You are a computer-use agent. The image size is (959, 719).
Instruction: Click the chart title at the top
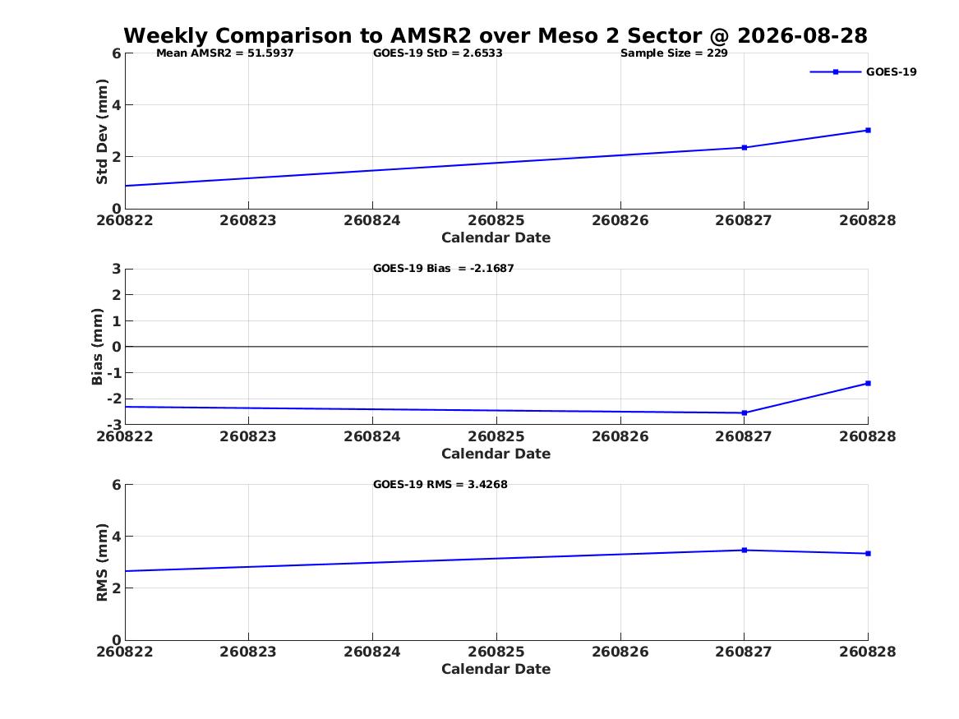(x=496, y=35)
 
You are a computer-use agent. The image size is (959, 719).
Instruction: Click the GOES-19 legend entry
(x=863, y=72)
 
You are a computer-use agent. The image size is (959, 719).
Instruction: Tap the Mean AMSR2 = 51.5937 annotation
(x=225, y=53)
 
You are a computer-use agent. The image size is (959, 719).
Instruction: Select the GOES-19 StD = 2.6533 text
(x=438, y=53)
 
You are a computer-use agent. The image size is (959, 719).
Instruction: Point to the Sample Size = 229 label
(x=674, y=53)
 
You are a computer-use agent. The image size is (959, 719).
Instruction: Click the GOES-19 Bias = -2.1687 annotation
(x=444, y=269)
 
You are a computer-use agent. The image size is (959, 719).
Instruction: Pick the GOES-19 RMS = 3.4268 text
(x=440, y=484)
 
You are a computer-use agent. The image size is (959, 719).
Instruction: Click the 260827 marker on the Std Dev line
(x=745, y=147)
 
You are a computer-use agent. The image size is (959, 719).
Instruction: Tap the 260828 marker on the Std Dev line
(x=868, y=130)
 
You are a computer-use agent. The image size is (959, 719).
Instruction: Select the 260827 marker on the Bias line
(x=745, y=413)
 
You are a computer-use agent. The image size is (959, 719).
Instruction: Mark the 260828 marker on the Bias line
(x=868, y=384)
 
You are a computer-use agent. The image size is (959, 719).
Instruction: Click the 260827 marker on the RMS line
(x=745, y=551)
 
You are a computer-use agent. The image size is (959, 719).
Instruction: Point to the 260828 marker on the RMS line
(x=868, y=553)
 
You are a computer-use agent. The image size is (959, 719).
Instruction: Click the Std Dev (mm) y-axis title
(x=102, y=131)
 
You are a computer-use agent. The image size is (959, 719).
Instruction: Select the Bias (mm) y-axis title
(x=97, y=347)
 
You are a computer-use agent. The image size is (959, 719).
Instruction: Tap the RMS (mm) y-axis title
(x=102, y=563)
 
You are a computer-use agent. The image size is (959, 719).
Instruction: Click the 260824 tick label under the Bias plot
(x=372, y=436)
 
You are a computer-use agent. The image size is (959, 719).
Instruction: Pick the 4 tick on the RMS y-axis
(x=116, y=537)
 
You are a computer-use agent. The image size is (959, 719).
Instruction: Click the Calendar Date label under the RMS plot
(x=496, y=669)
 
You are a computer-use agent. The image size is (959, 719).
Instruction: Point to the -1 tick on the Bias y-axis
(x=114, y=373)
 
